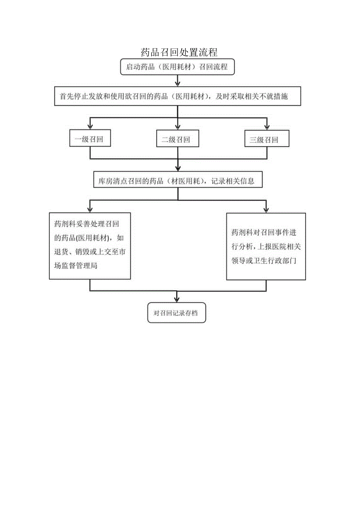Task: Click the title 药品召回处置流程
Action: tap(179, 52)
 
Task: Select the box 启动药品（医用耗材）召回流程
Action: tap(177, 67)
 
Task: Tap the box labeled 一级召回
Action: tap(90, 140)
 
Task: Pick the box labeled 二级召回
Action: tap(178, 140)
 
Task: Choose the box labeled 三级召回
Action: tap(266, 140)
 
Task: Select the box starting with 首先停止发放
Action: tap(177, 96)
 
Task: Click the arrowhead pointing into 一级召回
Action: tap(90, 126)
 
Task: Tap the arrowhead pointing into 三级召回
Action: tap(266, 126)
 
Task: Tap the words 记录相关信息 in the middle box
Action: tap(234, 181)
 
